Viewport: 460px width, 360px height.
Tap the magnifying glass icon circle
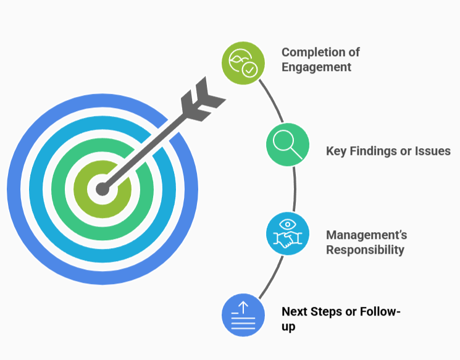click(288, 144)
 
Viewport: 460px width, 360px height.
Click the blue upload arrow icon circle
click(243, 315)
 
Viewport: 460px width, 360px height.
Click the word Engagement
click(316, 67)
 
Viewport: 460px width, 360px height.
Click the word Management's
click(366, 235)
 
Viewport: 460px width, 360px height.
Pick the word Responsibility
click(365, 250)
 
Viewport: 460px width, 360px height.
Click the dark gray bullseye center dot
click(102, 189)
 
